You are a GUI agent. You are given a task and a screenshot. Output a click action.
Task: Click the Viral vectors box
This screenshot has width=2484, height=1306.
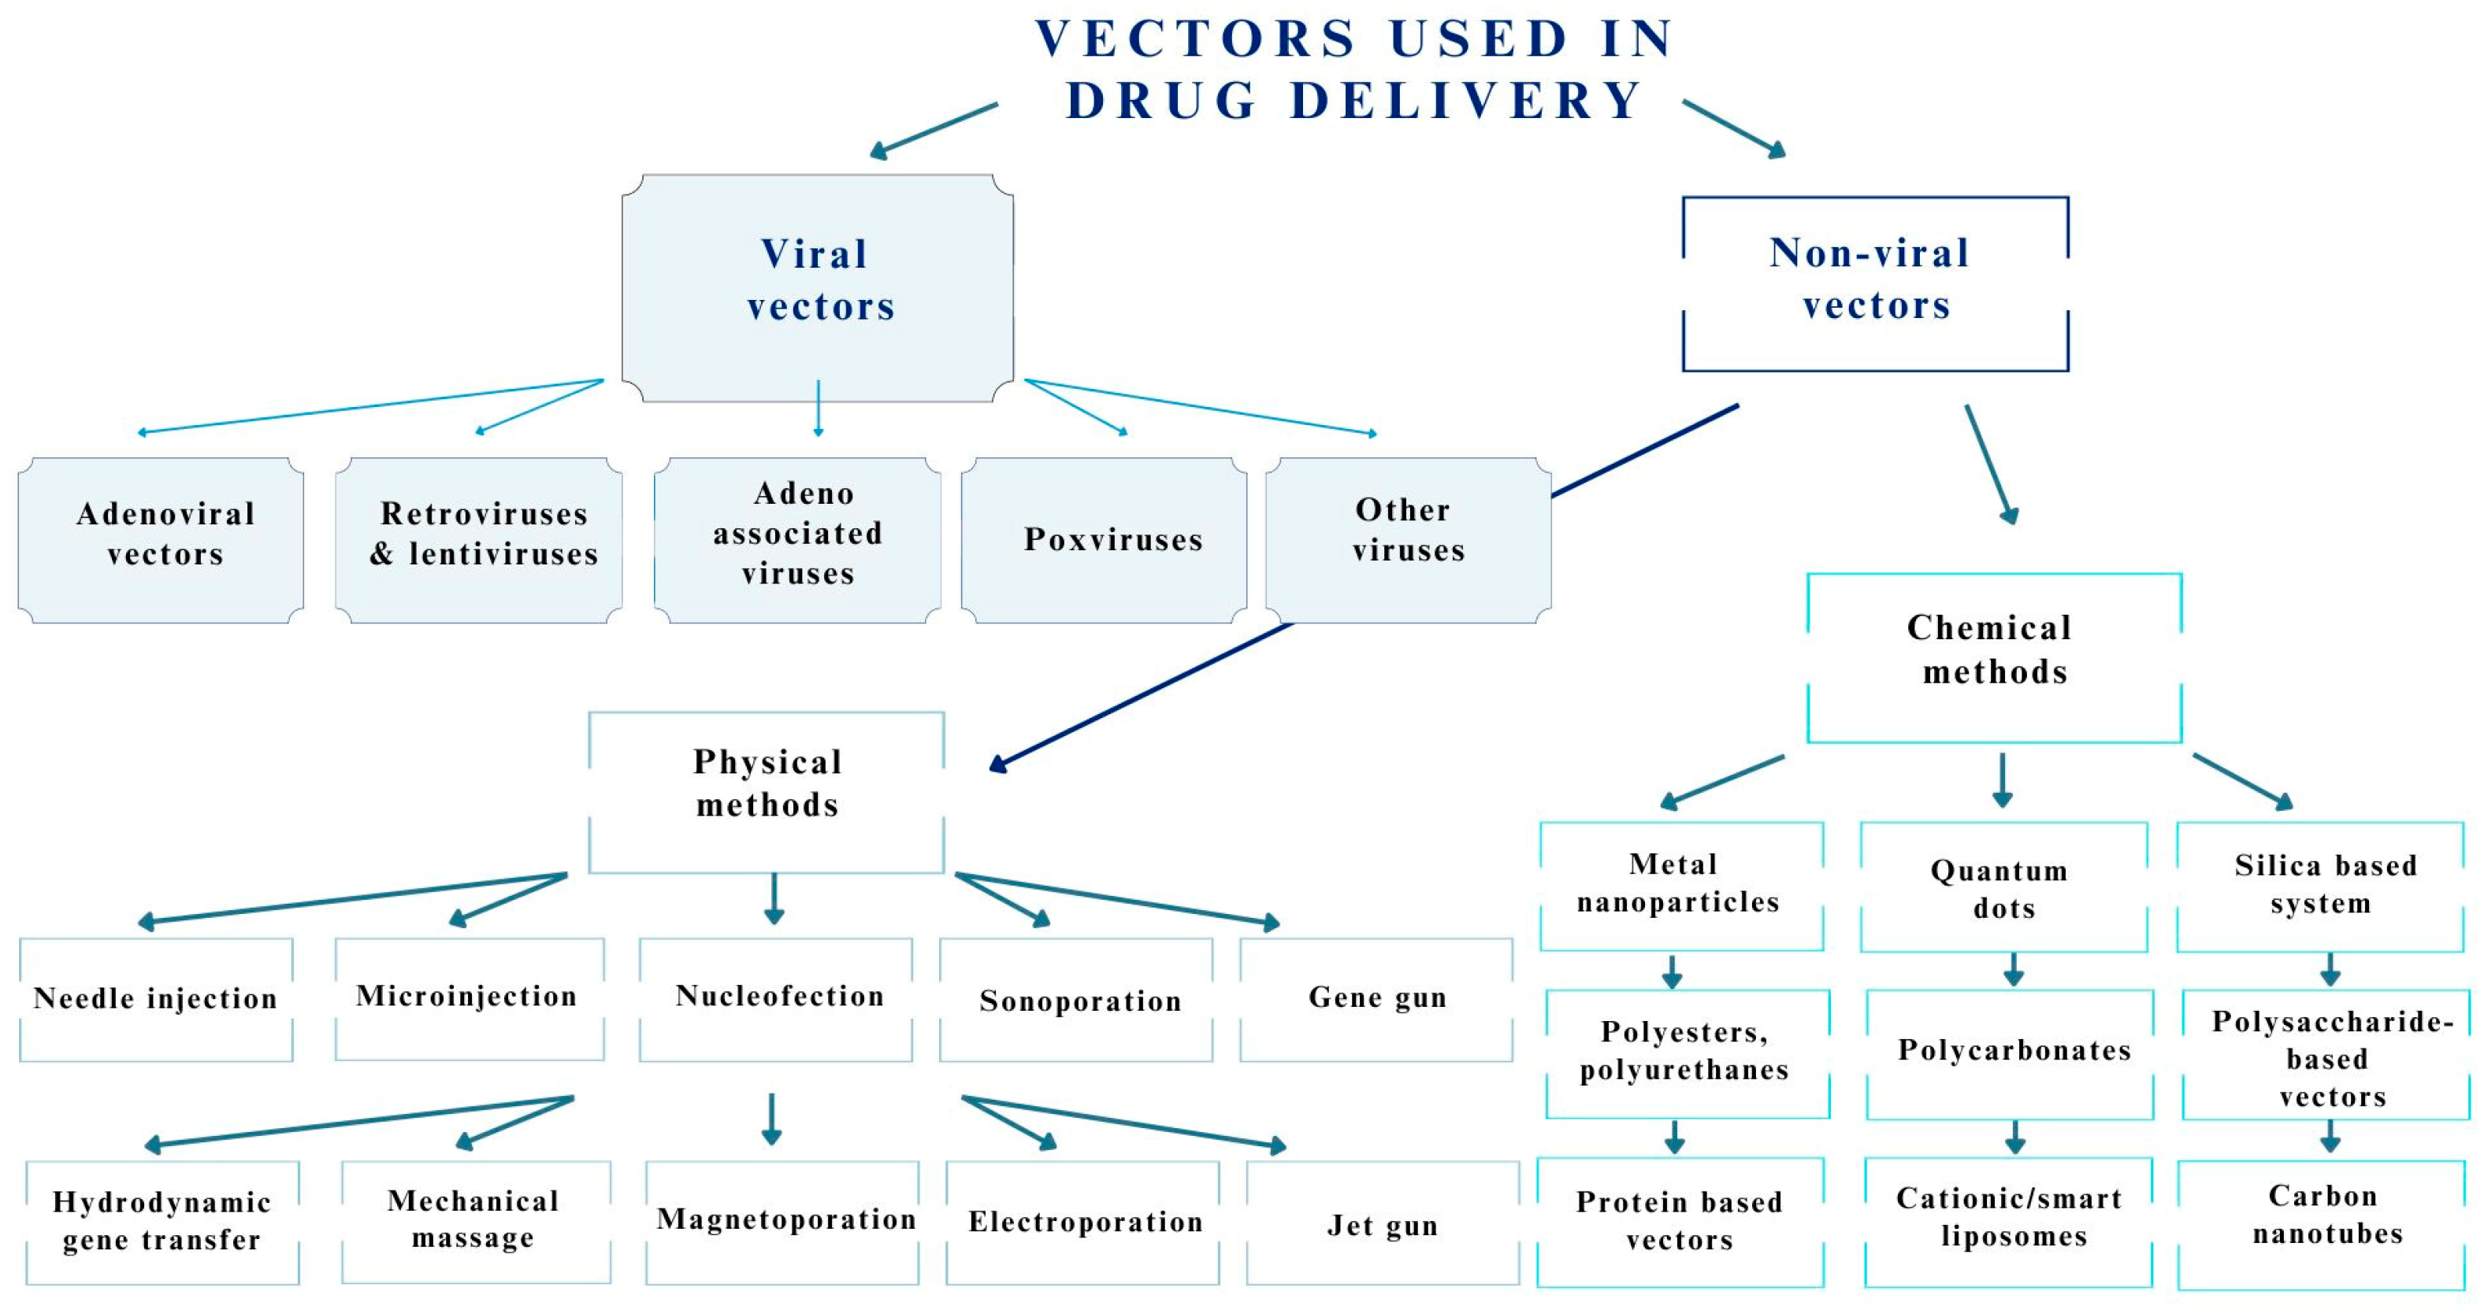(818, 287)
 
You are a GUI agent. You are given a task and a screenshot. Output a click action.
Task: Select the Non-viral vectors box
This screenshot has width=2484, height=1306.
(1874, 283)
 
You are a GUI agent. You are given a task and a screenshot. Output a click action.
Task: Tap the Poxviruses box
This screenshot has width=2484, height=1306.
(1103, 540)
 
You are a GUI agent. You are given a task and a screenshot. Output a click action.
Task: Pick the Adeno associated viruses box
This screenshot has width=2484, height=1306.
(797, 540)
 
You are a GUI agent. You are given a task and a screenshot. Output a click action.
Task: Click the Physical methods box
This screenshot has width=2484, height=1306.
(767, 792)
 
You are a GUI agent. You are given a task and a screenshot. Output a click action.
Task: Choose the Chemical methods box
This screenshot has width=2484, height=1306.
(1993, 657)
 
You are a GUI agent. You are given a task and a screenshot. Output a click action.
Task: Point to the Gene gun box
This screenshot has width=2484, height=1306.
(1376, 1000)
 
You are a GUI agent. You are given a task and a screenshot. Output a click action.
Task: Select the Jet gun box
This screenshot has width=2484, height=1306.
(1382, 1223)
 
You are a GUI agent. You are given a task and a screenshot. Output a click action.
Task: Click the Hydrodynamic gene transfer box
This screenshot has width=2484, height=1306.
(162, 1222)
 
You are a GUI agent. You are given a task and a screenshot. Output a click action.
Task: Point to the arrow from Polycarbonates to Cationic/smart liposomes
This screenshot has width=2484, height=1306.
(2014, 1138)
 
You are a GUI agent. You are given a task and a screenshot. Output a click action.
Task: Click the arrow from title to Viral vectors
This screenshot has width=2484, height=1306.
(934, 130)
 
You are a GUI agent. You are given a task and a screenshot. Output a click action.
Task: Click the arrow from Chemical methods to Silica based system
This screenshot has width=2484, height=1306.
(2243, 781)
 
